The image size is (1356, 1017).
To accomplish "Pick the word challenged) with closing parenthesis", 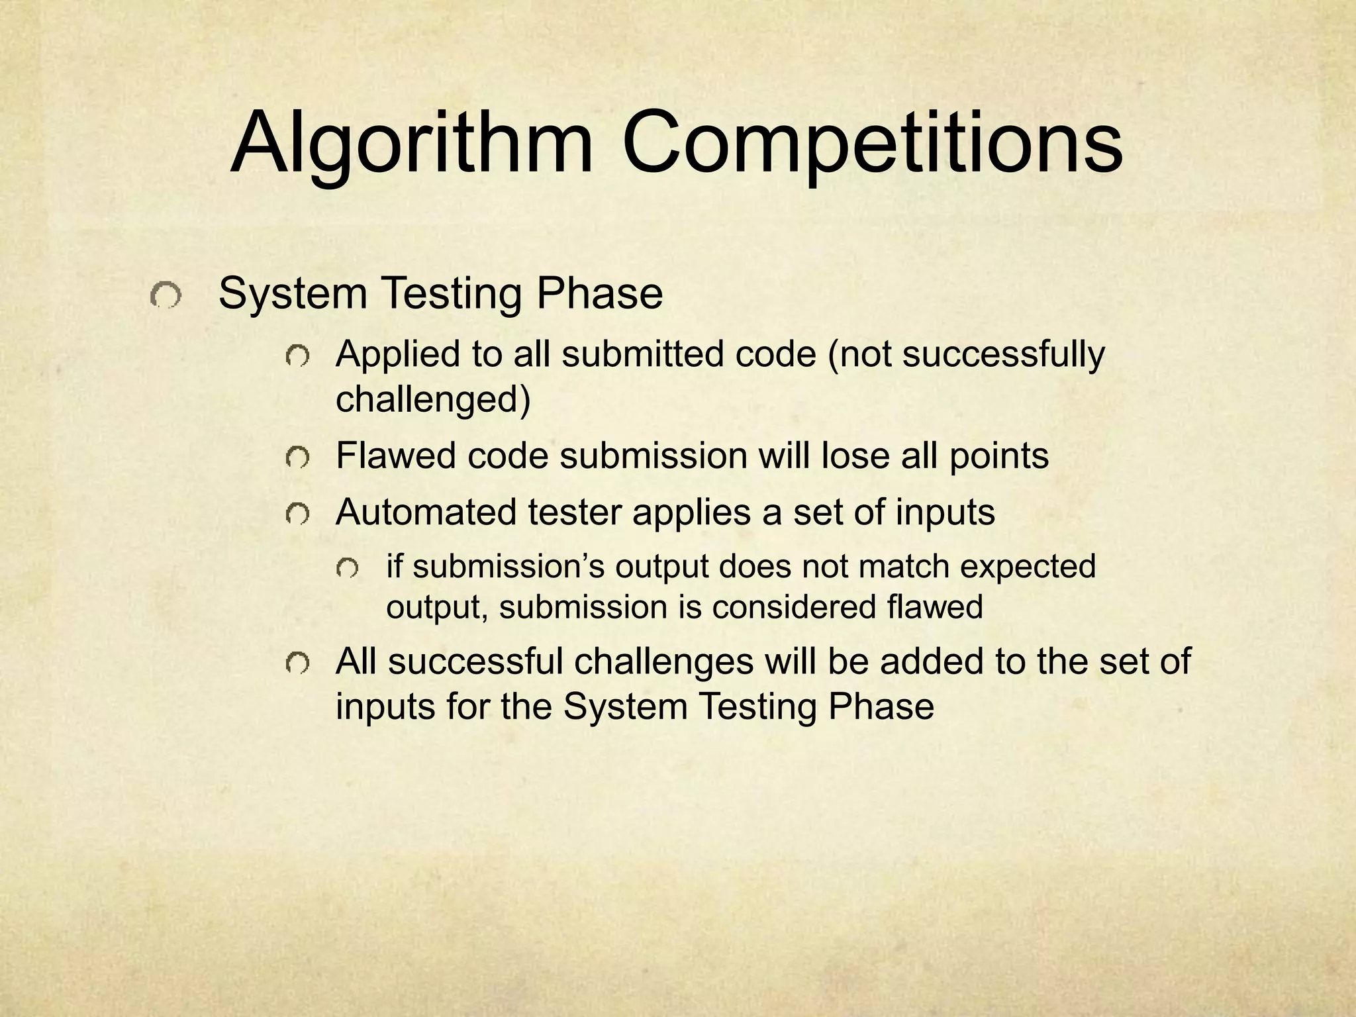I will click(433, 399).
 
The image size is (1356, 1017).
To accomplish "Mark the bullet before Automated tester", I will click(297, 513).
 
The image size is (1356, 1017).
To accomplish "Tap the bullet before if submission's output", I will click(348, 568).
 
